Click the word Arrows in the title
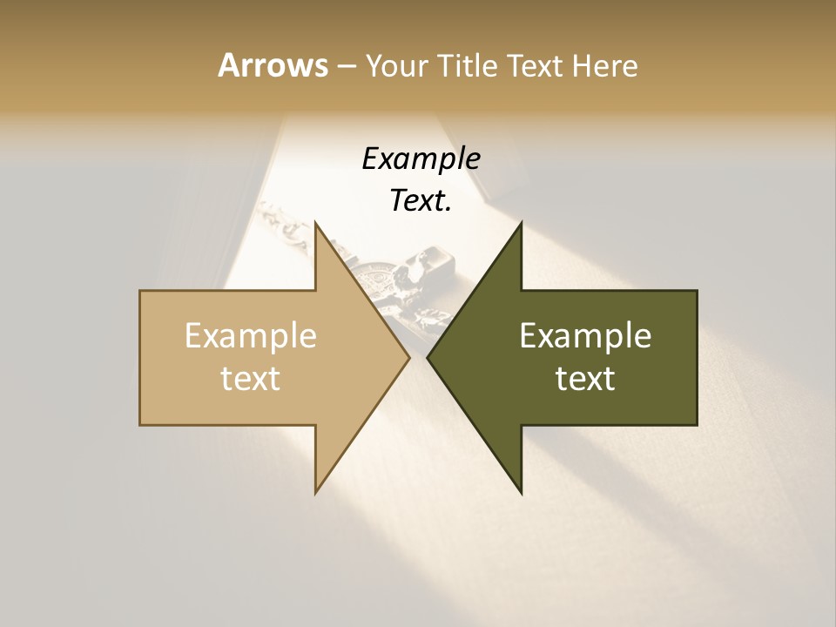273,65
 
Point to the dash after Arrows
346,67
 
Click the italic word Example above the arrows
421,159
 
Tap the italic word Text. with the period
421,201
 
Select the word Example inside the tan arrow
251,335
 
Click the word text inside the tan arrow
251,378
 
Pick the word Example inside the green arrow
585,335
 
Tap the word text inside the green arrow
585,378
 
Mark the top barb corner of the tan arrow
316,224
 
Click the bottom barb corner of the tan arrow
316,492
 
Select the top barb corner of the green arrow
521,224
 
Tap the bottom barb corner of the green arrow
521,492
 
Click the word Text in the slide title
537,65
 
